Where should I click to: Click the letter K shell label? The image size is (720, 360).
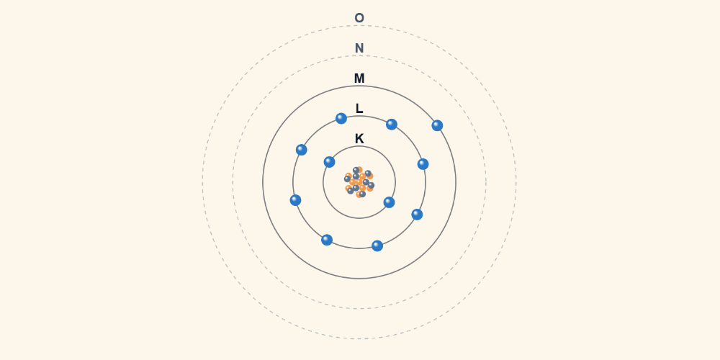359,139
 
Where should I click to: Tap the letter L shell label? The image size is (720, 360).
359,109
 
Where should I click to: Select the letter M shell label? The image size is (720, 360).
359,78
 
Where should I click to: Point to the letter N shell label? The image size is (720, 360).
359,48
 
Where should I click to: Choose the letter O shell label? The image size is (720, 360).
359,18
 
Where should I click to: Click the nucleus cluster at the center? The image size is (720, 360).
359,182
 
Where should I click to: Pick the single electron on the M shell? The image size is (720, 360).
437,125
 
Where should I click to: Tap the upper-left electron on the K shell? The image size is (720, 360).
329,161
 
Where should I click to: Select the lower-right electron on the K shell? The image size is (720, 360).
389,202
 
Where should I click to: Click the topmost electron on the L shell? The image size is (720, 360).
341,119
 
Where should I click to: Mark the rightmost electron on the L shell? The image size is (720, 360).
423,164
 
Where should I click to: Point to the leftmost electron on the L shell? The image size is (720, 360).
295,200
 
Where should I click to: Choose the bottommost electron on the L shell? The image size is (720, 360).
377,246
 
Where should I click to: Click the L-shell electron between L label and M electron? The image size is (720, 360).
391,125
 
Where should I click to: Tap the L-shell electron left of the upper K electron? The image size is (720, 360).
301,150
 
